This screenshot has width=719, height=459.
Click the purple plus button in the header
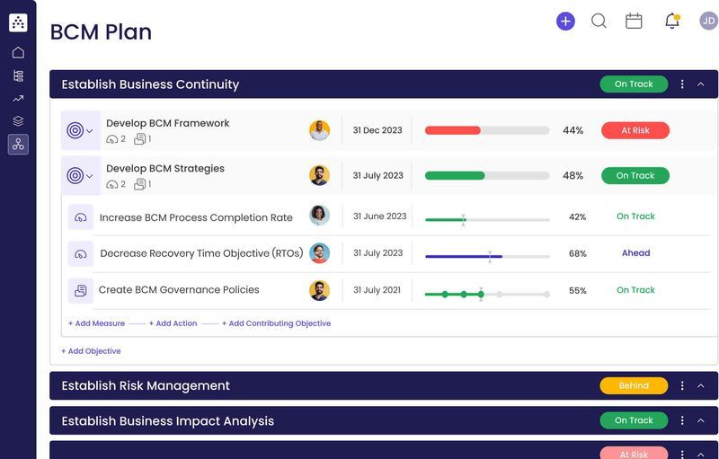[x=565, y=21]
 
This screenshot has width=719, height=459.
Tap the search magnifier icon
[x=599, y=21]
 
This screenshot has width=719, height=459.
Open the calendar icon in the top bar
[x=634, y=21]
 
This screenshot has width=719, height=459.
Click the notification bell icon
[x=671, y=21]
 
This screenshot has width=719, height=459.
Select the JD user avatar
[x=708, y=21]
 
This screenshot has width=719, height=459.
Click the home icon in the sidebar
[x=18, y=52]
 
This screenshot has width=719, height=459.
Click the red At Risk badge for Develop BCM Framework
[x=635, y=130]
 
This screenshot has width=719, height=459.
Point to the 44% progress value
[x=573, y=130]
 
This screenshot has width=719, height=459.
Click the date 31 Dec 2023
[x=377, y=130]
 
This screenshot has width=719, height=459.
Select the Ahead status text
[x=635, y=253]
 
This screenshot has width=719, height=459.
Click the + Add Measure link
[x=96, y=323]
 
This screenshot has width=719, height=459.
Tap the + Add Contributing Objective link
[x=276, y=323]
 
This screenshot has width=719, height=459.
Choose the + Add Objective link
[x=91, y=351]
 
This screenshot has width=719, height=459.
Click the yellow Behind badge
[x=634, y=385]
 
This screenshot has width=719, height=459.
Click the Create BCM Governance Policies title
[x=179, y=290]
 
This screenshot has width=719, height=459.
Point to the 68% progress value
[x=577, y=254]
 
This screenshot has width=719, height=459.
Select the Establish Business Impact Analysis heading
[x=167, y=420]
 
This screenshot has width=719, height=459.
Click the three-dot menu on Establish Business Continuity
[x=682, y=84]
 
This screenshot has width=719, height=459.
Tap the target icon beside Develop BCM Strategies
[x=75, y=176]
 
